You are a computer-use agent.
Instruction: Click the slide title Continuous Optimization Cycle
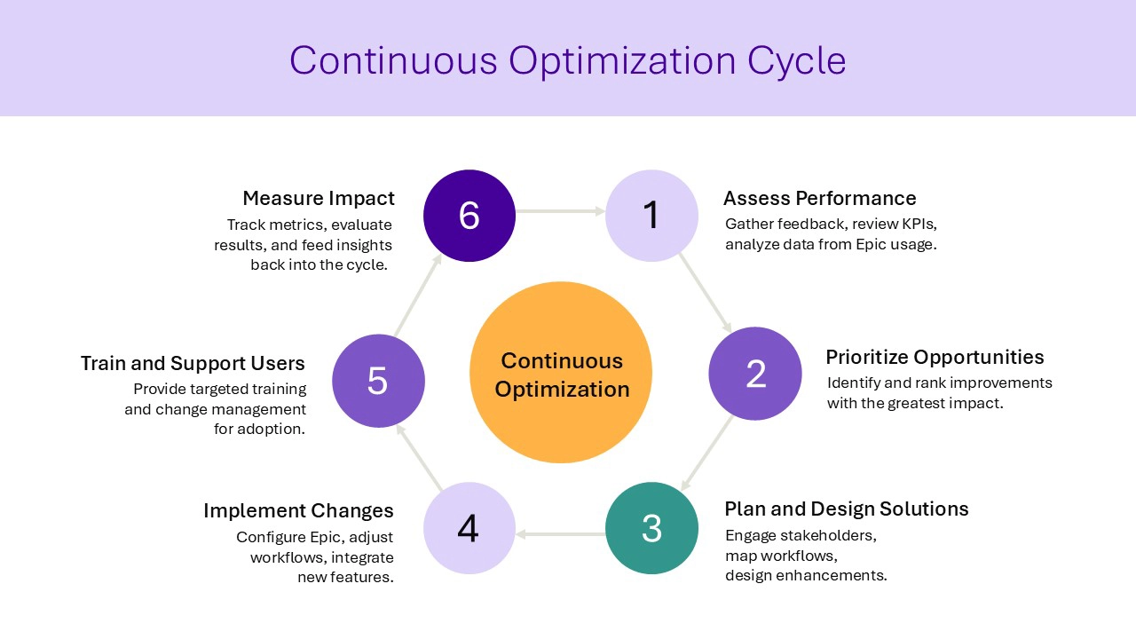click(567, 60)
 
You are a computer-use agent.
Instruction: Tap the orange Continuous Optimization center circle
click(561, 373)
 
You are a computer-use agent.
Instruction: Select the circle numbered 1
click(651, 216)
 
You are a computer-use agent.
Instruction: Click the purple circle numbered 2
click(755, 374)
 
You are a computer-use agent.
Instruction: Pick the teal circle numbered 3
click(651, 528)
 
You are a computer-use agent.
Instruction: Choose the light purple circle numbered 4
click(469, 528)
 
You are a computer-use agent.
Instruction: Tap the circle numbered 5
click(378, 380)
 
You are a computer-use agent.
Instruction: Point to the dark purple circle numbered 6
click(469, 216)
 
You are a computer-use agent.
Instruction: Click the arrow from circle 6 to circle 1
click(560, 212)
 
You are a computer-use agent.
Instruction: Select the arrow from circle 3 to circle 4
click(560, 534)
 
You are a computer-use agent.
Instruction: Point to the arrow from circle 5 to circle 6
click(417, 296)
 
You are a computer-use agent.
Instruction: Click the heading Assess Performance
click(819, 198)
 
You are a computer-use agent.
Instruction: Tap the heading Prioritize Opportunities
click(935, 357)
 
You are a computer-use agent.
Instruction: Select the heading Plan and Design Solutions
click(846, 509)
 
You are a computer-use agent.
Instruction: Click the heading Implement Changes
click(298, 510)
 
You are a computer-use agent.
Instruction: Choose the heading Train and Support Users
click(193, 363)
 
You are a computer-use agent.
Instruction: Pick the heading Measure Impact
click(319, 198)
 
